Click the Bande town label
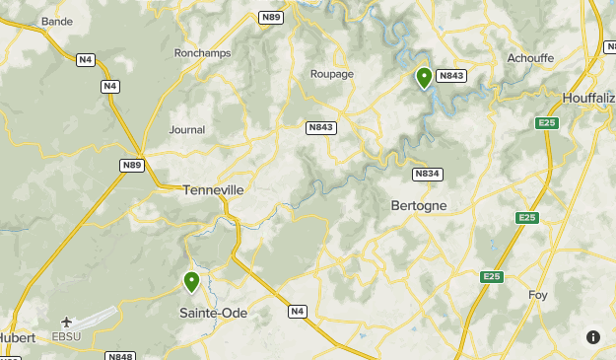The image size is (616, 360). [x=57, y=21]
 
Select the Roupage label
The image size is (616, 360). [x=331, y=73]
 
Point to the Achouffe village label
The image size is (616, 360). [x=530, y=58]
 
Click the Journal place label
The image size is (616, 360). [x=187, y=129]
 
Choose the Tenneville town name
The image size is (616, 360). [x=213, y=189]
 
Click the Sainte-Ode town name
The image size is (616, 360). [x=213, y=314]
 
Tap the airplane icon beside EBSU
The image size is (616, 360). [x=66, y=322]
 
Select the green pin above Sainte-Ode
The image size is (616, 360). [x=191, y=282]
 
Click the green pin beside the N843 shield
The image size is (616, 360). [x=424, y=77]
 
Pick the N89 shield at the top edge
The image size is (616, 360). [x=271, y=18]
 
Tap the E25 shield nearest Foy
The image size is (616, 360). [x=493, y=277]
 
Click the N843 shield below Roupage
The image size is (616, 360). [x=321, y=127]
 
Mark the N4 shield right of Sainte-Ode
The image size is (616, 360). [x=298, y=312]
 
